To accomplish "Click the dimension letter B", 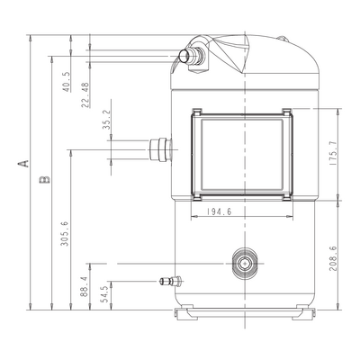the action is (44, 179).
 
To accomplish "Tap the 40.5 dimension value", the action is (67, 82).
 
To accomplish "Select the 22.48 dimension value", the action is (85, 95).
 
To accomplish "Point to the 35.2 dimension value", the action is (107, 119).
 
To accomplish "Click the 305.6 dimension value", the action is (65, 234).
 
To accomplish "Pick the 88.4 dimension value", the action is (85, 287).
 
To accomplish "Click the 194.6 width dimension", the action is (219, 211).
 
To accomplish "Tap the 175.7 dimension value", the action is (333, 154).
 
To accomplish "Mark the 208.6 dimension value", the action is (333, 258).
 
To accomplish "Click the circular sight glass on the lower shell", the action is (245, 264).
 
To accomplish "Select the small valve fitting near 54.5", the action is (170, 281).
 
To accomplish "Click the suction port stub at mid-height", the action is (160, 149).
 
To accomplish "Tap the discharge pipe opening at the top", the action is (184, 56).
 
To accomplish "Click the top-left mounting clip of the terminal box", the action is (197, 112).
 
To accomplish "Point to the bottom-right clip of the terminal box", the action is (287, 197).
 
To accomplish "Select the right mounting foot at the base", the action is (306, 312).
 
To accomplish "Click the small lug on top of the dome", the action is (282, 39).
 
